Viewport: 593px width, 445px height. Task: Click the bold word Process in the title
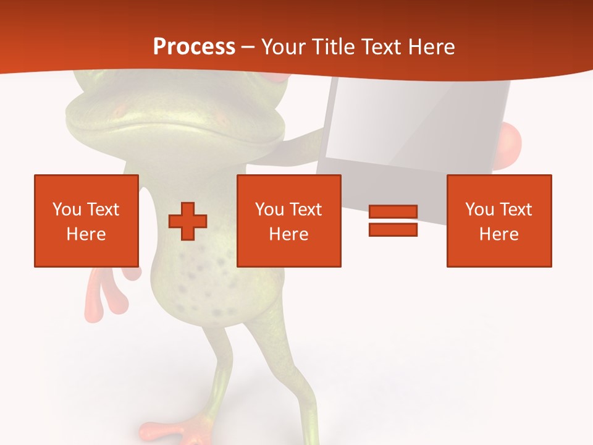194,47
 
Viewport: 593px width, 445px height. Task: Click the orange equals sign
393,221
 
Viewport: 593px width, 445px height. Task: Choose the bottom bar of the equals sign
393,230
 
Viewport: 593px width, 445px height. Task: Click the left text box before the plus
86,221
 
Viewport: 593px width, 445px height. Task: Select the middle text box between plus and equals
288,221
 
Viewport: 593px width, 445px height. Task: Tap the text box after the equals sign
498,221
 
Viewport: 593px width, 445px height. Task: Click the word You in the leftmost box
67,210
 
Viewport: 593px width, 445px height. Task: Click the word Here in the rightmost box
498,234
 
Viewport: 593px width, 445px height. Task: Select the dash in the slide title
248,47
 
